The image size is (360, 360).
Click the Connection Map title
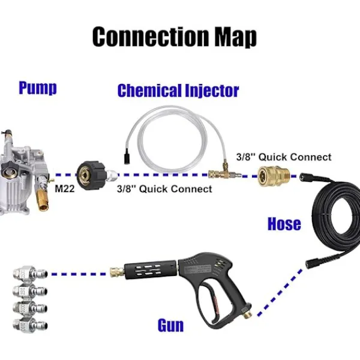(x=174, y=37)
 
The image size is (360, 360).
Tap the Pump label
(x=37, y=88)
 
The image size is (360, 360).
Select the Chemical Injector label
(x=178, y=91)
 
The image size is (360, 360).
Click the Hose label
(x=284, y=224)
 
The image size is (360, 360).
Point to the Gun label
(x=170, y=326)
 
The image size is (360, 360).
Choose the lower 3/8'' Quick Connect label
(x=164, y=189)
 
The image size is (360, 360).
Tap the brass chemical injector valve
(x=217, y=174)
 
